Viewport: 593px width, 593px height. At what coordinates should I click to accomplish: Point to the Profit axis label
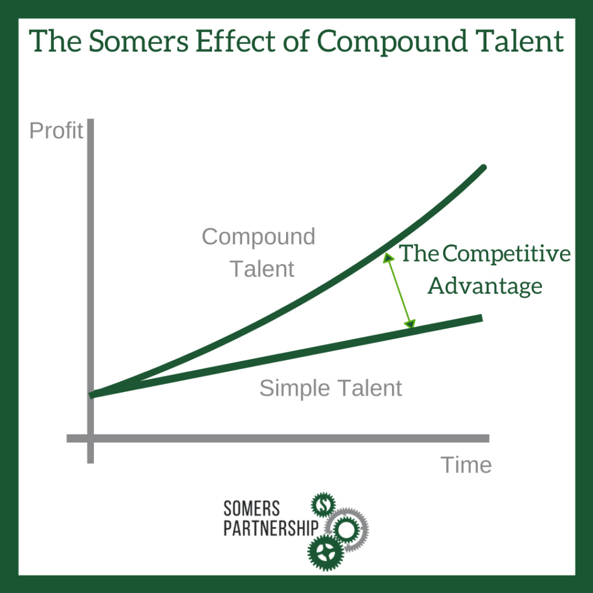tap(56, 131)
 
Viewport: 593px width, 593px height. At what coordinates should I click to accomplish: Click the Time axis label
tap(466, 464)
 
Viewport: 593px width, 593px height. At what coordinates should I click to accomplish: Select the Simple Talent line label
tap(331, 388)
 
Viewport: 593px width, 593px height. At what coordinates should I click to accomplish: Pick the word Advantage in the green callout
tap(485, 286)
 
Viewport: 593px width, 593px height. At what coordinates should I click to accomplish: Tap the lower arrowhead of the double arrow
tap(410, 324)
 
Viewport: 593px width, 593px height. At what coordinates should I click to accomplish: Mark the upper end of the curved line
tap(482, 168)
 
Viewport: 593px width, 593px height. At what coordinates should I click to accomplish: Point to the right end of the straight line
tap(480, 317)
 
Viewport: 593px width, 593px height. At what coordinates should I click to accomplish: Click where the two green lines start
tap(92, 395)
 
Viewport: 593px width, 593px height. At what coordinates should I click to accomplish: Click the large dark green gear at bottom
tap(325, 551)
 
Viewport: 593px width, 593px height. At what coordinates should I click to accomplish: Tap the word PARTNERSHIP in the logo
tap(271, 529)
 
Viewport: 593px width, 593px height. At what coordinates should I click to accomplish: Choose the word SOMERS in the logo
tap(252, 509)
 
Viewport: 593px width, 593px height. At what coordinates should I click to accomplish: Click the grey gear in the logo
tap(350, 528)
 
